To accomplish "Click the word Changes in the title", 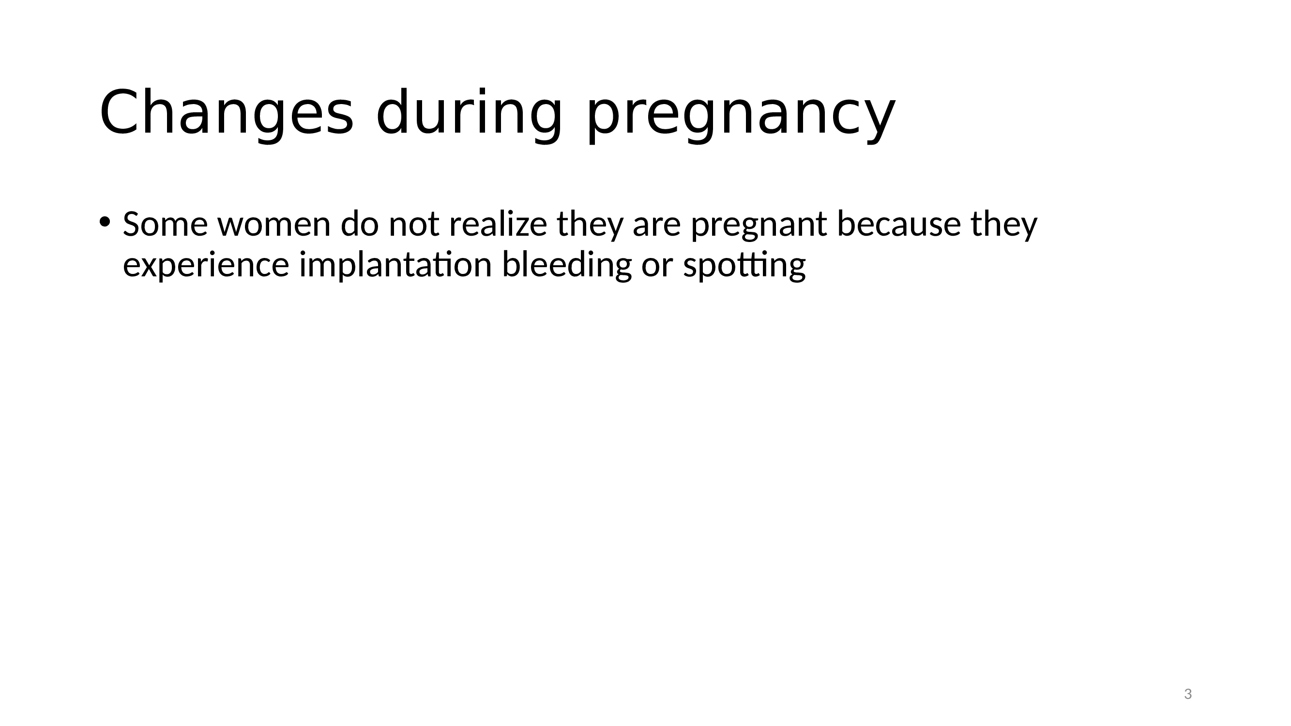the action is tap(227, 112).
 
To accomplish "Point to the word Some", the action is tap(165, 225).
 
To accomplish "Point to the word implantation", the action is tap(395, 266).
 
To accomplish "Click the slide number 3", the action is tap(1188, 694).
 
